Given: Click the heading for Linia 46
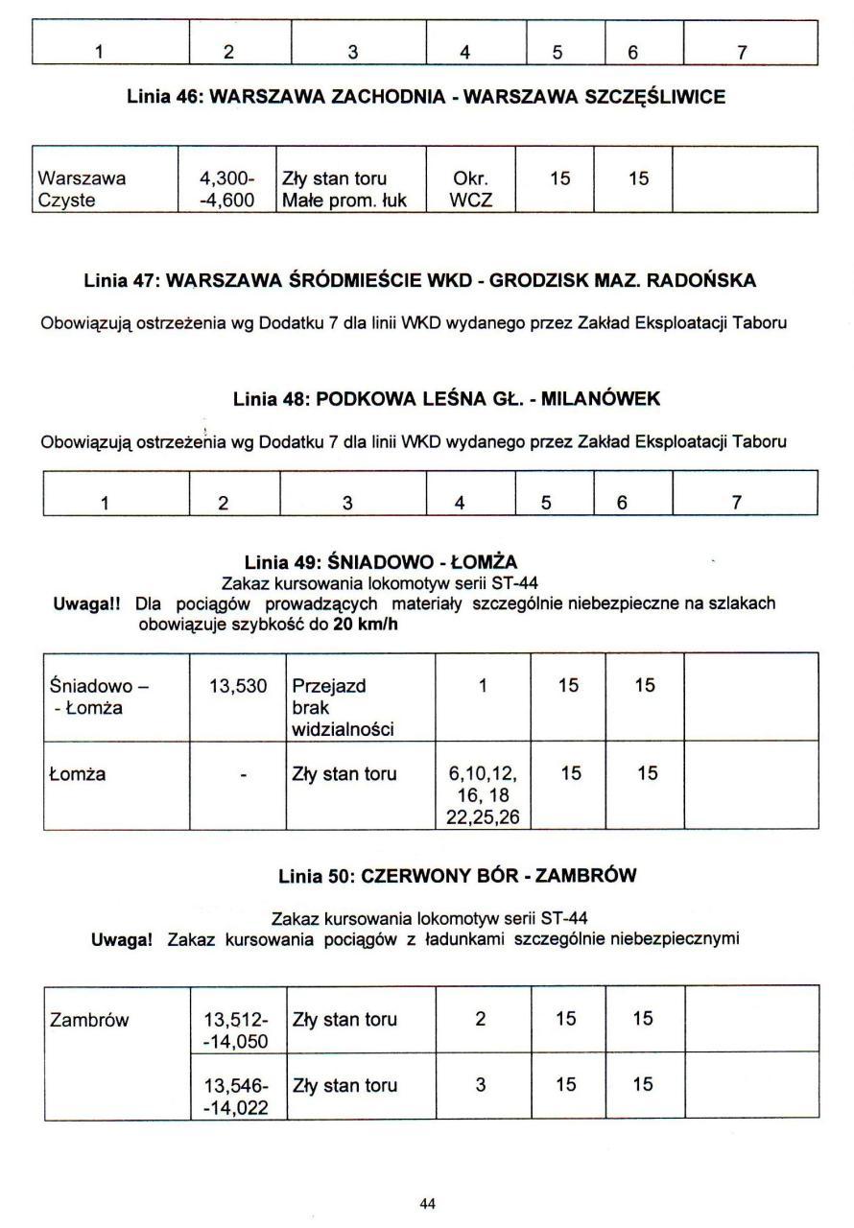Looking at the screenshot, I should pyautogui.click(x=426, y=97).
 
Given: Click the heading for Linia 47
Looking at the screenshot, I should pyautogui.click(x=420, y=280).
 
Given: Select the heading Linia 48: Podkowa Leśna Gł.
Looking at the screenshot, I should pyautogui.click(x=446, y=399).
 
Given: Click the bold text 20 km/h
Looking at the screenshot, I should pyautogui.click(x=364, y=625).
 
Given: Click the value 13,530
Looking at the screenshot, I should pyautogui.click(x=237, y=686).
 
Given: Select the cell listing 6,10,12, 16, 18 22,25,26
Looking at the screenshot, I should pyautogui.click(x=482, y=795).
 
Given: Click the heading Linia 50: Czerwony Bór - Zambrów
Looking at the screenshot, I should pyautogui.click(x=458, y=876).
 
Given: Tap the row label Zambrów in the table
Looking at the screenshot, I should pyautogui.click(x=89, y=1021).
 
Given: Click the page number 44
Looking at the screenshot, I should pyautogui.click(x=429, y=1203).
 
